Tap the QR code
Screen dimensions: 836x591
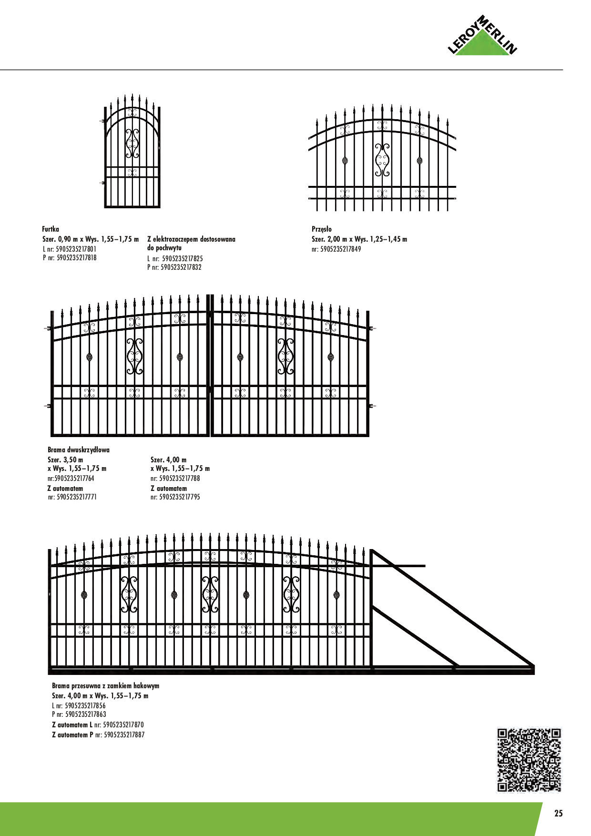(529, 760)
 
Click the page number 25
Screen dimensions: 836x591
(558, 813)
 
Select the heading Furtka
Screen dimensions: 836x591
(51, 229)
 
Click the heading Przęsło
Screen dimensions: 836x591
(322, 229)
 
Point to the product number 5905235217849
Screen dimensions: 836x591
(340, 249)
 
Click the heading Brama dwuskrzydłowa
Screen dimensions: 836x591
(79, 450)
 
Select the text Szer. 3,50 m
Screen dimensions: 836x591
(65, 460)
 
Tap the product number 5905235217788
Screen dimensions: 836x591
(179, 478)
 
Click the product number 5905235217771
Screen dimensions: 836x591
(76, 497)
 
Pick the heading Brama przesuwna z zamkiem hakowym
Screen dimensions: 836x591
(105, 686)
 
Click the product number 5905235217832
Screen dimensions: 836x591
(181, 267)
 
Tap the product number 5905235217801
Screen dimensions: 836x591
(76, 249)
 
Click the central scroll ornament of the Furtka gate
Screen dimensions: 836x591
(132, 143)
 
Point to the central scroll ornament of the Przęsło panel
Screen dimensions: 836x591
(382, 160)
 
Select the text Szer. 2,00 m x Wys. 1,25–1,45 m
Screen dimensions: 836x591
(359, 239)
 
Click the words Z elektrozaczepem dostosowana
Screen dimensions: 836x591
(191, 239)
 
